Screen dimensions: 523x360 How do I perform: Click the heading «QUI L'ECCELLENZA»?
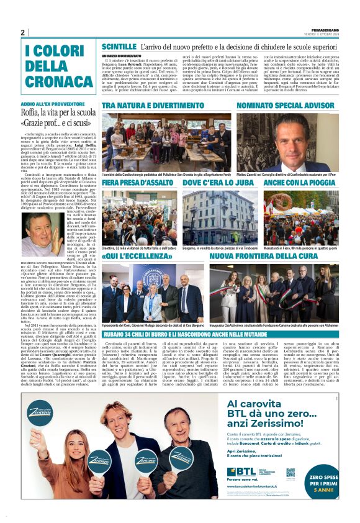[x=136, y=256]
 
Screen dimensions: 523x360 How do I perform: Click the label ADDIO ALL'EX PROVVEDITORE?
[x=52, y=103]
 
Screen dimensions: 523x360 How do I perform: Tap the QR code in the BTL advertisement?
[x=290, y=473]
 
